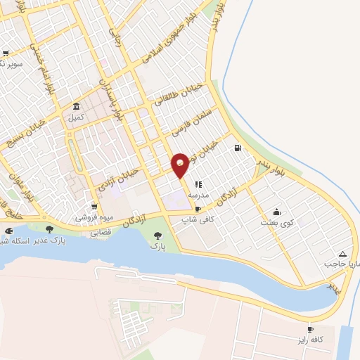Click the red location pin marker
point(180,165)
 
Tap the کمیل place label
point(75,117)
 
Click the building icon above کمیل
point(75,107)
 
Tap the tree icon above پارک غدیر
point(49,229)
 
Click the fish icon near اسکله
point(8,230)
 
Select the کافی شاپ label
point(198,219)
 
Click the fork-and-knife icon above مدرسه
point(198,184)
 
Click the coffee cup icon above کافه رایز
point(310,330)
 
